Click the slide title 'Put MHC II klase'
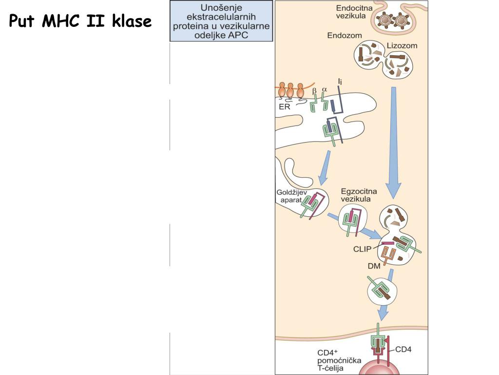(80, 21)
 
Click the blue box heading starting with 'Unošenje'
(222, 21)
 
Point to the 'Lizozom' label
(402, 46)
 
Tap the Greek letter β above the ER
(314, 90)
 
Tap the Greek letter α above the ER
(325, 90)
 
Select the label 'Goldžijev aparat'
(292, 196)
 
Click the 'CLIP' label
(363, 249)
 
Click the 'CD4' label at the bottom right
(403, 349)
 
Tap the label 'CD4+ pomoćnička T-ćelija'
(339, 360)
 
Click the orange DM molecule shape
(388, 254)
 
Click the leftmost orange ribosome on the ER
(282, 90)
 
